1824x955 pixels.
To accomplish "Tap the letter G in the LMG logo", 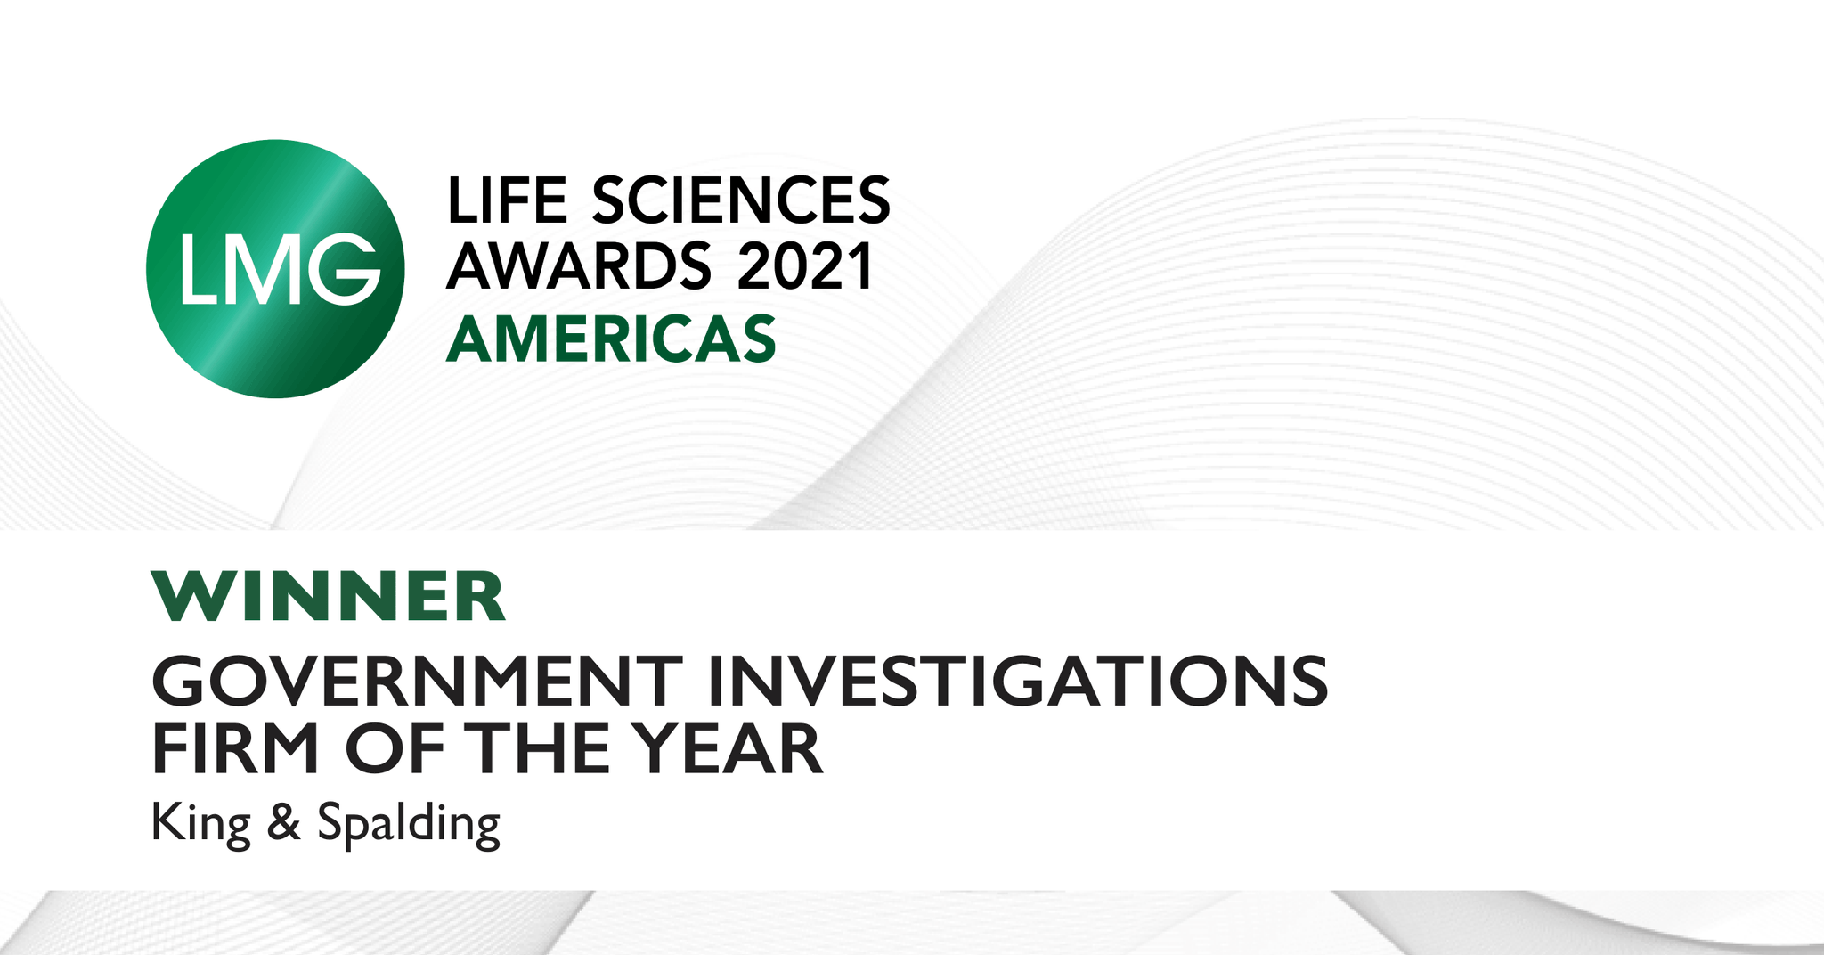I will [344, 268].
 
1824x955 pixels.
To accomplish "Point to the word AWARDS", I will [579, 266].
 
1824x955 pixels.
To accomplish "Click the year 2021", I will [805, 266].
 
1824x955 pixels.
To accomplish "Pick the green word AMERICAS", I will [611, 339].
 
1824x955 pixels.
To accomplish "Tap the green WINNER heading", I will [329, 597].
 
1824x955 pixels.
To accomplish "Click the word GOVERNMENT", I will [417, 682].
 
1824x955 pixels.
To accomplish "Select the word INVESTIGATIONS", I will [1017, 682].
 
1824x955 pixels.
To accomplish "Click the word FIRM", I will [236, 750].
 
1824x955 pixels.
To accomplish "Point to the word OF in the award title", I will [395, 750].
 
